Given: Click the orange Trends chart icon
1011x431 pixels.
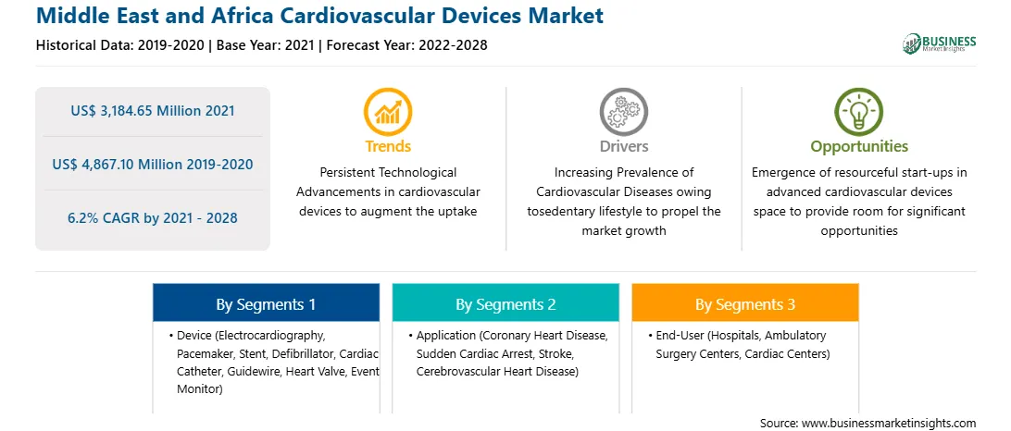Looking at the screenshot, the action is pyautogui.click(x=388, y=112).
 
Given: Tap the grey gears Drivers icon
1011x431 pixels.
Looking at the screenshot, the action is pyautogui.click(x=623, y=112).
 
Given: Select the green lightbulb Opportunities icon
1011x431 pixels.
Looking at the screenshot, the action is pyautogui.click(x=859, y=112).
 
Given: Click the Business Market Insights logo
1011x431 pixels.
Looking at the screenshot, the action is pyautogui.click(x=939, y=43).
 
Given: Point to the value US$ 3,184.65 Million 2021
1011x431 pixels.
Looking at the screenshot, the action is pyautogui.click(x=153, y=111).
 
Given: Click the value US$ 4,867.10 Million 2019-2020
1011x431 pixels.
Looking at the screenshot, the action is pyautogui.click(x=153, y=165).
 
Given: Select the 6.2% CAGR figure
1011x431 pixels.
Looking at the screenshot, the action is pyautogui.click(x=153, y=217).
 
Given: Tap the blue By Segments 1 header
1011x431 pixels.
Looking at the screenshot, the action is pyautogui.click(x=267, y=302).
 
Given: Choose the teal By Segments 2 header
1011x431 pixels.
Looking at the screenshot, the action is pyautogui.click(x=505, y=302).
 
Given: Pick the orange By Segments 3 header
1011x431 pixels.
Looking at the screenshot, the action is pyautogui.click(x=745, y=302).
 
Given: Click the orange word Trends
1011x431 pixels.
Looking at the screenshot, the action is pyautogui.click(x=388, y=146).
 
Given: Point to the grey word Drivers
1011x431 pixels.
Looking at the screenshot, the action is pyautogui.click(x=623, y=146).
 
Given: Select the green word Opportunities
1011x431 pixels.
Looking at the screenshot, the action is pyautogui.click(x=859, y=147).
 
